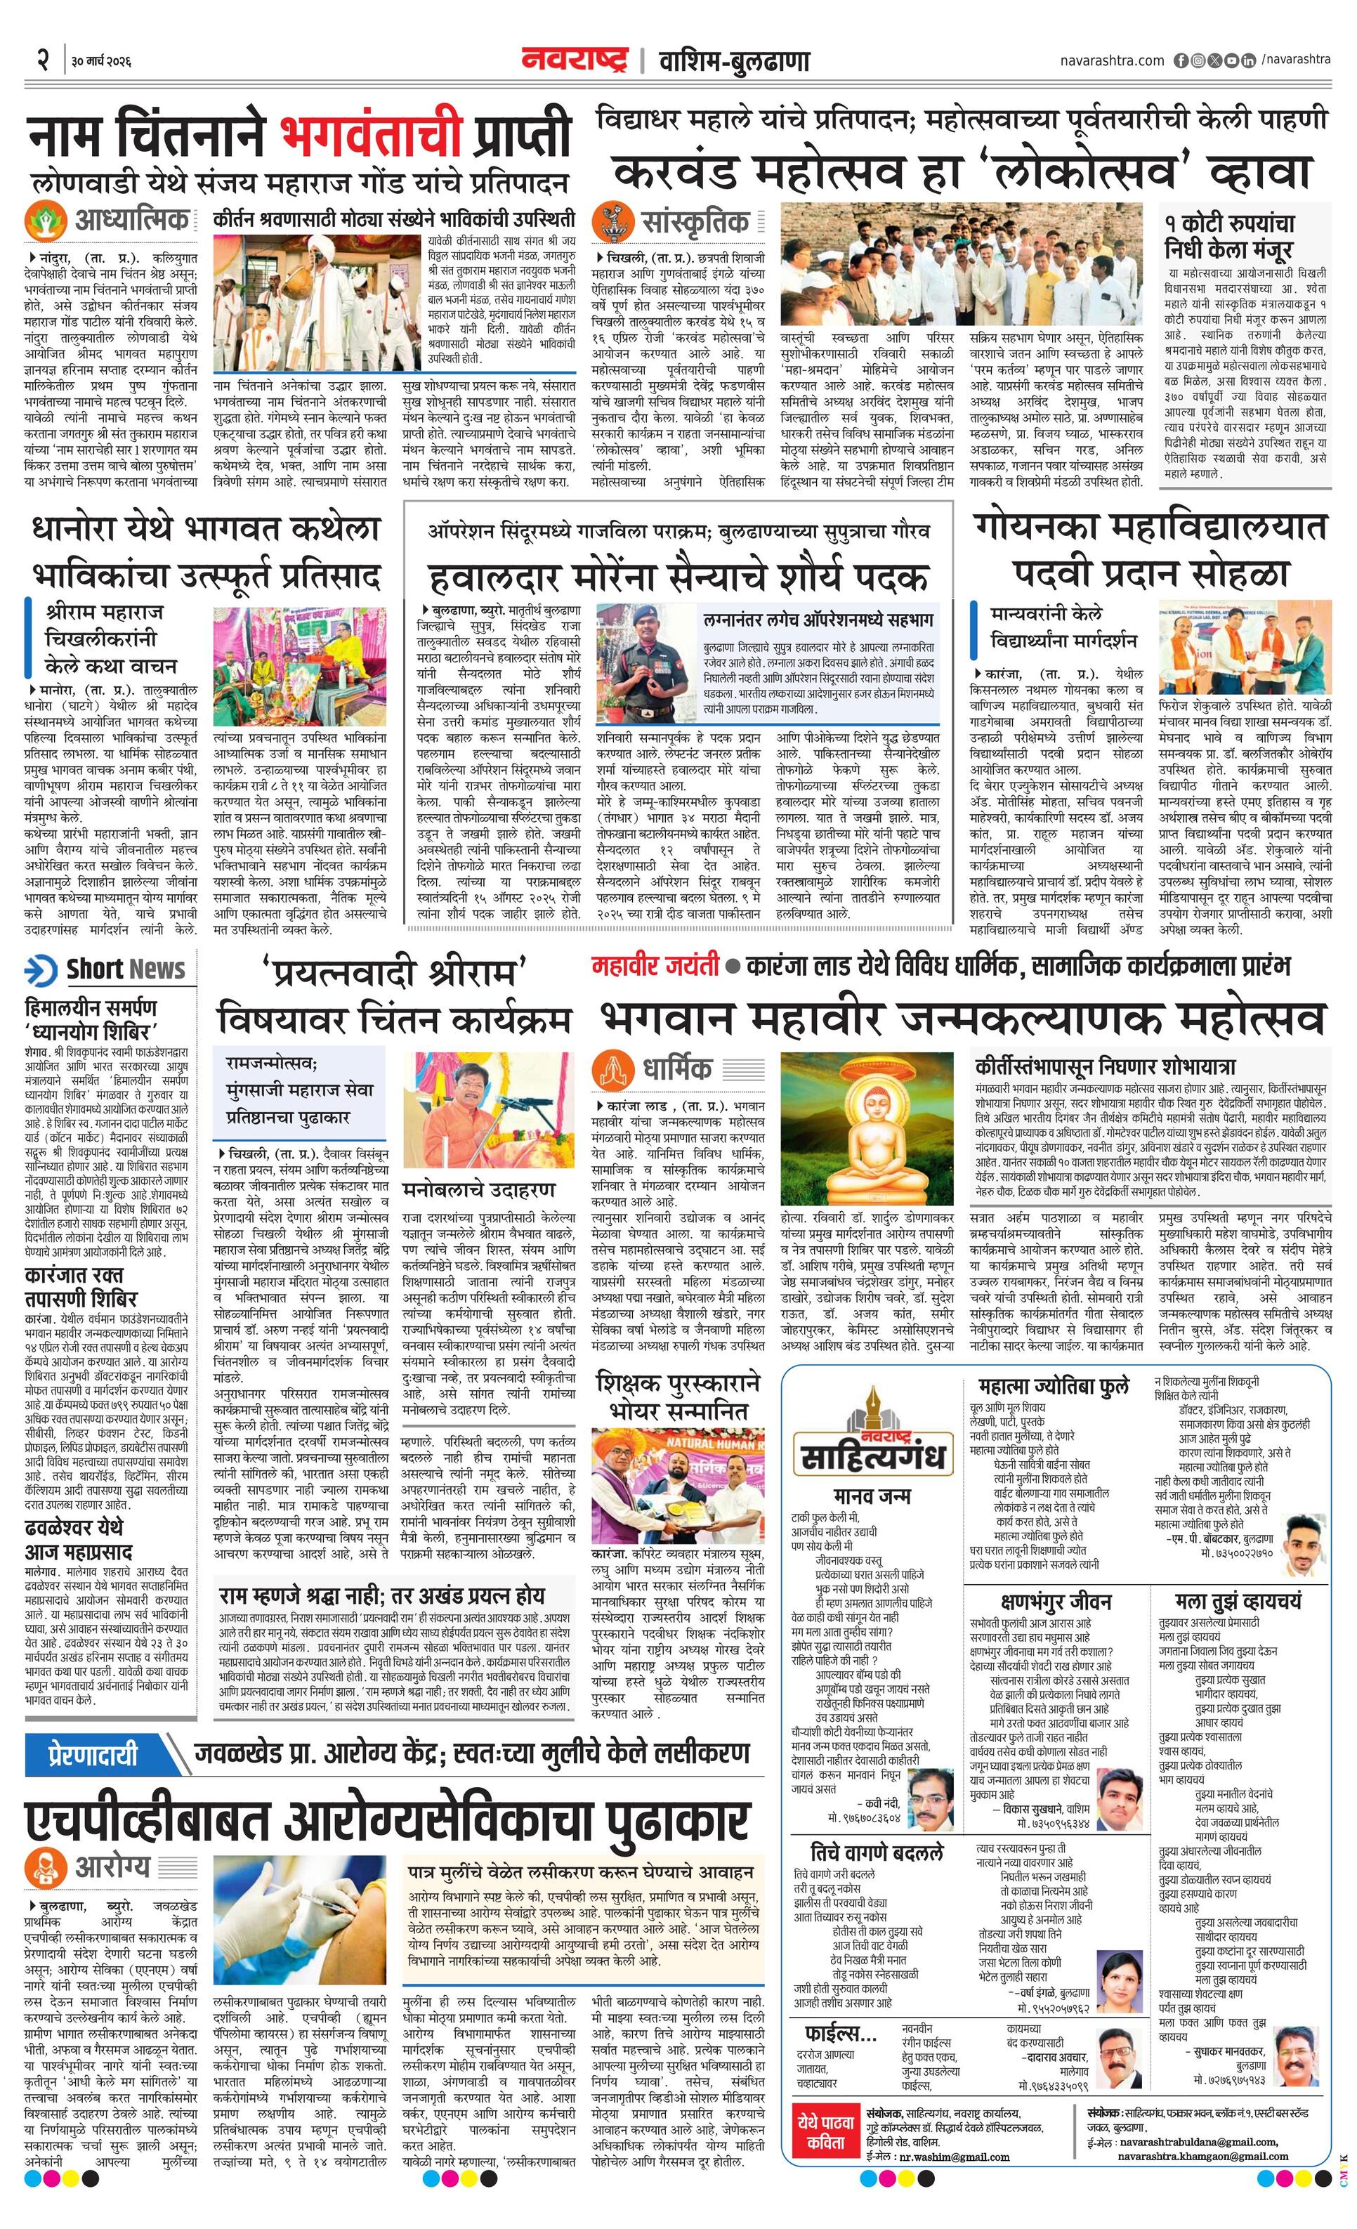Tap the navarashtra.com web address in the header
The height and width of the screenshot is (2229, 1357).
[x=1112, y=60]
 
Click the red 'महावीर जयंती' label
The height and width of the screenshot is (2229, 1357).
[x=655, y=965]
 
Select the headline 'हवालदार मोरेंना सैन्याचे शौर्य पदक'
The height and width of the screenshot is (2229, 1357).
[x=678, y=576]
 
